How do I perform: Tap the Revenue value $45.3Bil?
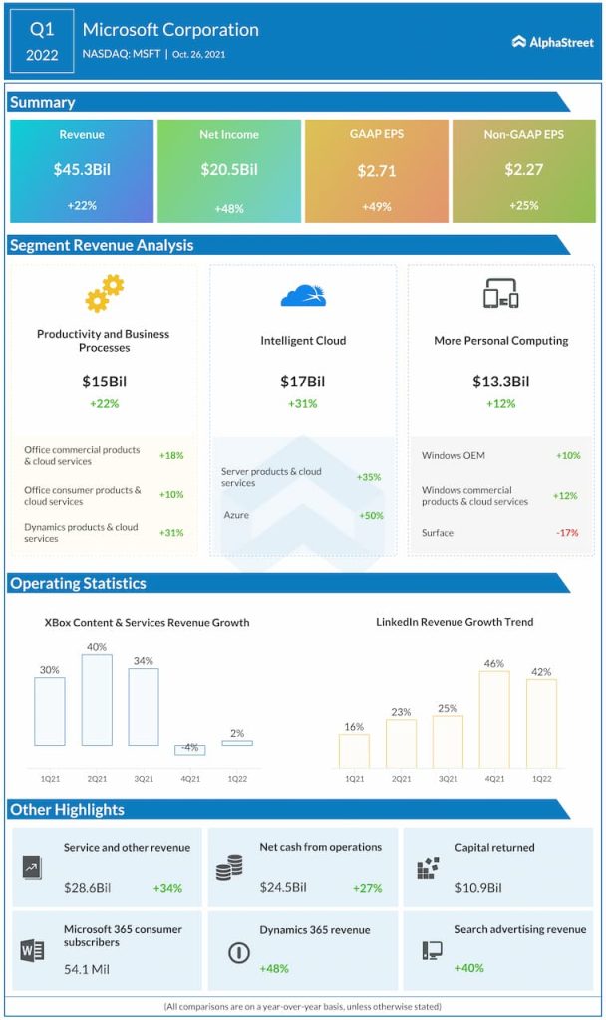(x=82, y=170)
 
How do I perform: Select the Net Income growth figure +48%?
(x=229, y=209)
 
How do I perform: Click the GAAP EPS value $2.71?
(x=377, y=171)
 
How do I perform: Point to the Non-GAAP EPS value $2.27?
(x=523, y=170)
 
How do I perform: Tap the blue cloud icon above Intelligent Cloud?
(x=303, y=295)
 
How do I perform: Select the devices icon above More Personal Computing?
(x=500, y=294)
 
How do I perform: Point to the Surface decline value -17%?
(x=567, y=533)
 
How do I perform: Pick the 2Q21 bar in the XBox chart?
(x=97, y=699)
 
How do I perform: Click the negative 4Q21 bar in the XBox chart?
(x=190, y=750)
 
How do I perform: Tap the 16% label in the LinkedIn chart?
(x=354, y=727)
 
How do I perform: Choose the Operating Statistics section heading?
(x=79, y=584)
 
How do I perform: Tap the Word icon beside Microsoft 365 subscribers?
(x=32, y=950)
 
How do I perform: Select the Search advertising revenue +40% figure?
(x=470, y=968)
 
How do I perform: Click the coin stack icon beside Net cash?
(x=229, y=869)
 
